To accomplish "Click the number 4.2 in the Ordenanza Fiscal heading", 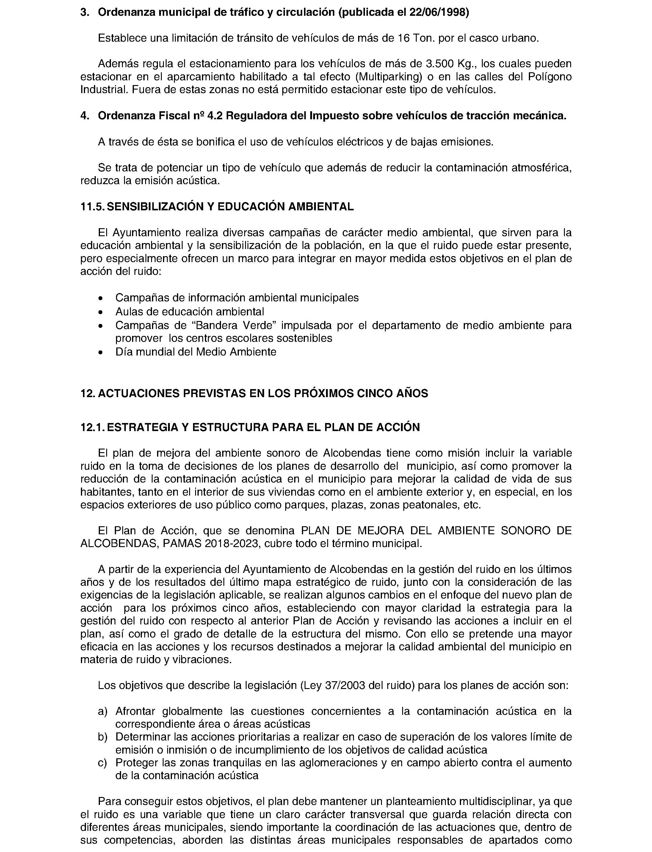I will coord(215,116).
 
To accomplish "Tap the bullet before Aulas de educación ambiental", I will coord(101,312).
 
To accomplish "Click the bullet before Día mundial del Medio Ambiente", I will coord(101,352).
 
